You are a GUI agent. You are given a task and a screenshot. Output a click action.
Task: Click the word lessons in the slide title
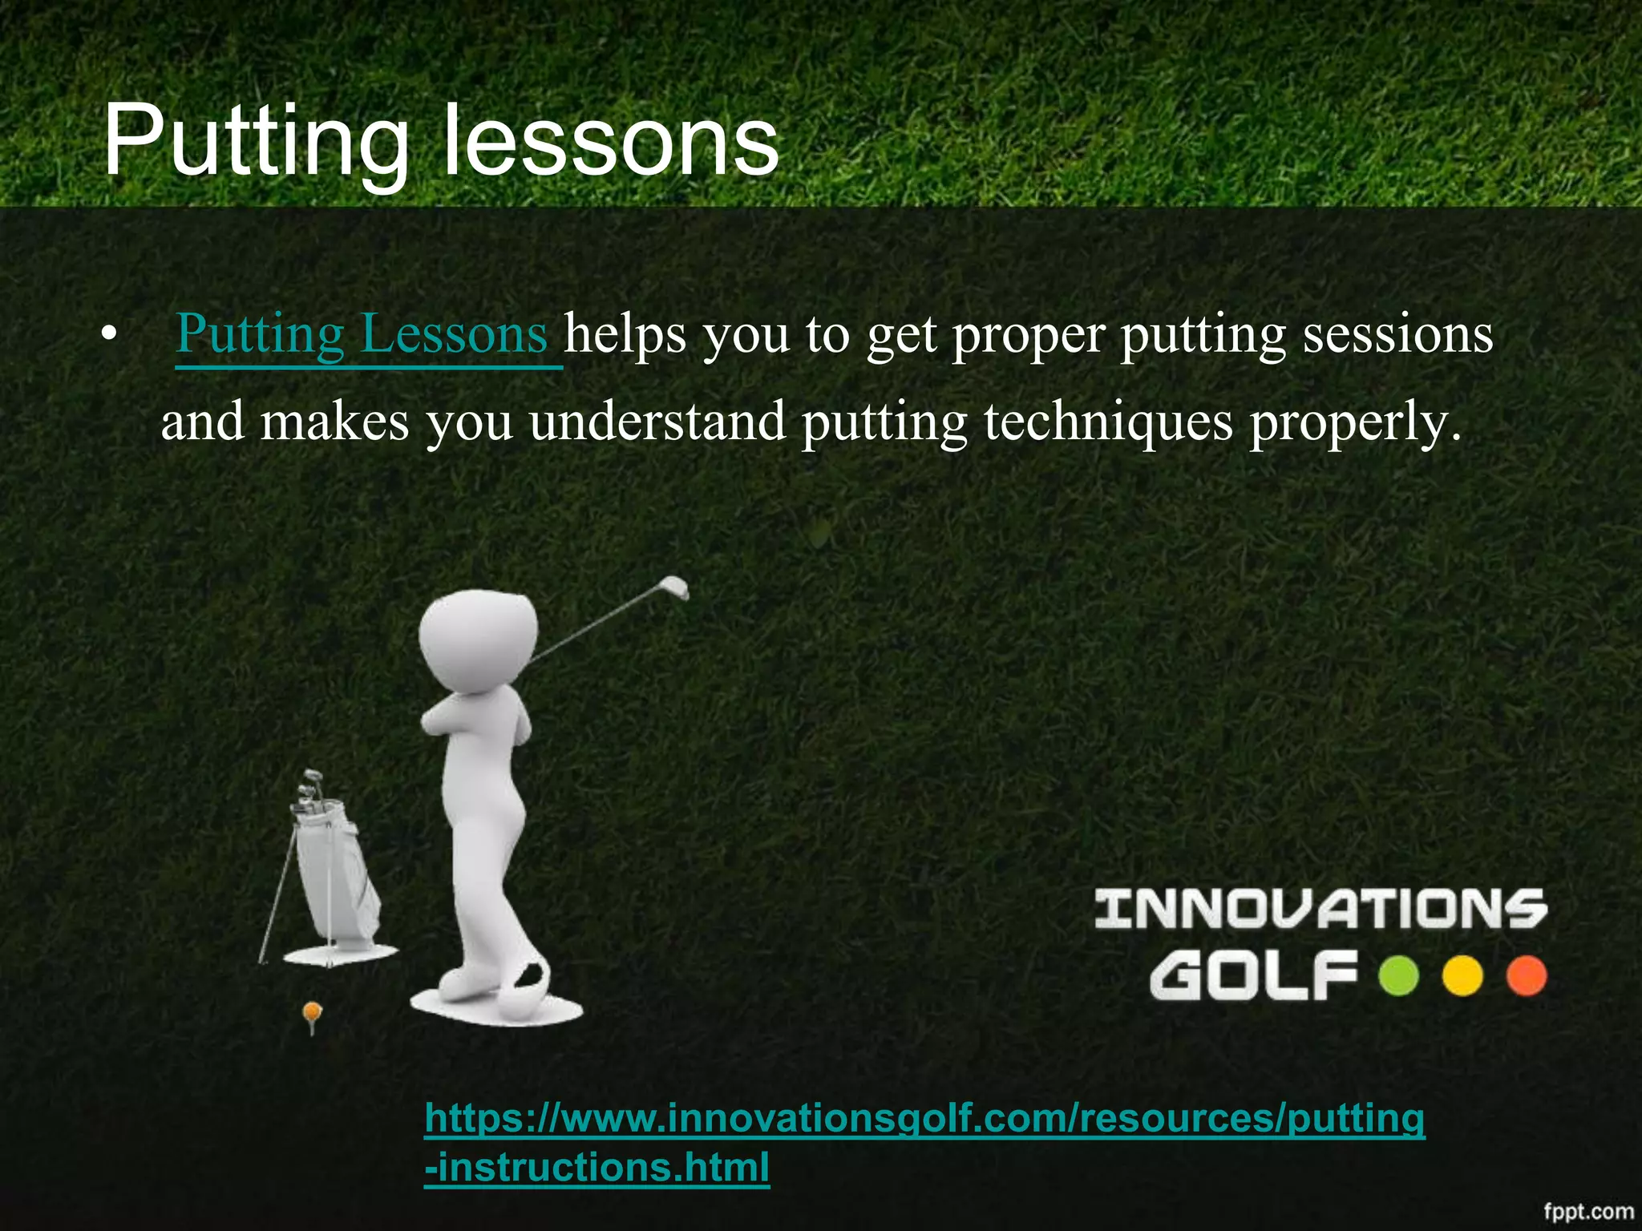pos(611,143)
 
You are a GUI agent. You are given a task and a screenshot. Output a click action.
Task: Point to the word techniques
pos(1108,422)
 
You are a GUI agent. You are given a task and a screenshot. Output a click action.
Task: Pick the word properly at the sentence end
pos(1355,423)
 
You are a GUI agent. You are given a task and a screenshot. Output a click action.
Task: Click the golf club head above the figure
pos(675,587)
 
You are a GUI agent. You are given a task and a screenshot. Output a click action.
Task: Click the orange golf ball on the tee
pos(312,1012)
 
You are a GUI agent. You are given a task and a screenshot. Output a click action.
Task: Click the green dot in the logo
pos(1399,976)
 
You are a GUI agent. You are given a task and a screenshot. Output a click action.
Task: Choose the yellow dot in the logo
pos(1462,976)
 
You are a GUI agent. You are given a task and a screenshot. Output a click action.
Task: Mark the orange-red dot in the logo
pos(1526,976)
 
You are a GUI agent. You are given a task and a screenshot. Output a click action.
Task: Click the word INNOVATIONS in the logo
pos(1320,909)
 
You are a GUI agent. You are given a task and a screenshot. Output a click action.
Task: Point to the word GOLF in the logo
pos(1253,976)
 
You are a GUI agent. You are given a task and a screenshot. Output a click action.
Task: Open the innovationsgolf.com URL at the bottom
pos(924,1119)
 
